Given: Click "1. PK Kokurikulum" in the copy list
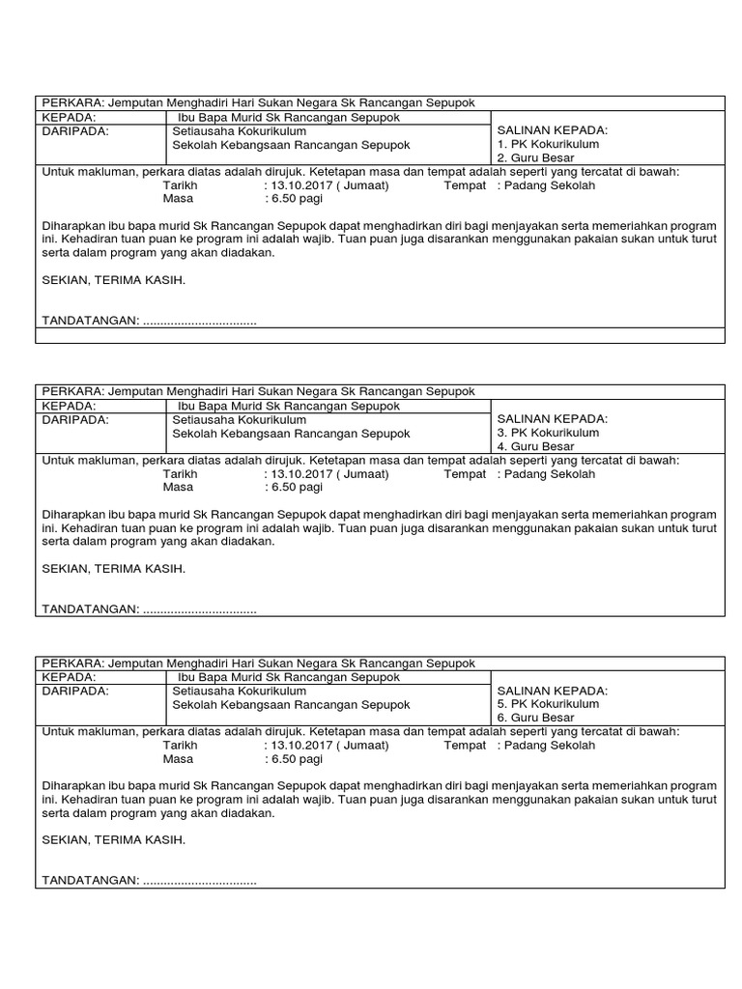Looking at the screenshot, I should point(548,145).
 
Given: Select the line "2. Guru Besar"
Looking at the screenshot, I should point(535,158).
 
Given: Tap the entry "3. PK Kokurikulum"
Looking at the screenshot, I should point(548,433).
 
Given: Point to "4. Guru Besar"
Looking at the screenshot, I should point(535,447).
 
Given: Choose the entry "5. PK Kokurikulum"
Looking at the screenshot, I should point(548,705).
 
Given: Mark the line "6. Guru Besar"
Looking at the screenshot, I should point(535,720).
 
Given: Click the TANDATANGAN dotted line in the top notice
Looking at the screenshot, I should point(200,321).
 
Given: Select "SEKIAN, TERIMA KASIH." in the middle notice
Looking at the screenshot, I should point(113,569).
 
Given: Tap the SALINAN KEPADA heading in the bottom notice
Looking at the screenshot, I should point(552,692).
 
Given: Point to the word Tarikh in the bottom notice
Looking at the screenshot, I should point(180,746).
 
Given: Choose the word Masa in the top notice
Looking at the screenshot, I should point(178,199).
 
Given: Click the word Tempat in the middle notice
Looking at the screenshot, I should point(465,474).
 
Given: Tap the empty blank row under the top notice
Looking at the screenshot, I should point(379,335).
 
